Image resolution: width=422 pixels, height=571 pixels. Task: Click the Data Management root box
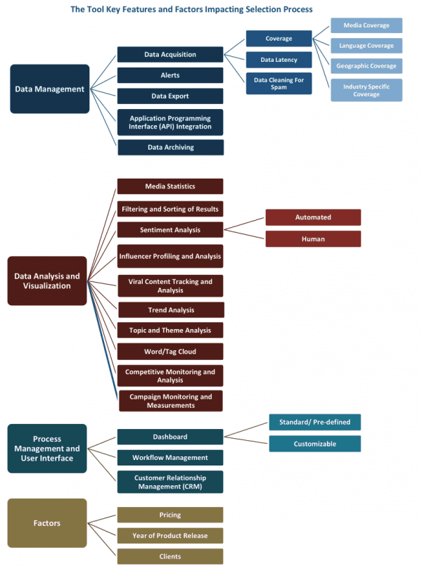pyautogui.click(x=49, y=89)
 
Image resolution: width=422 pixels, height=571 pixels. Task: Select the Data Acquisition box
pyautogui.click(x=170, y=54)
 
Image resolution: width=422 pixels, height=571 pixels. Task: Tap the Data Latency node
pyautogui.click(x=279, y=60)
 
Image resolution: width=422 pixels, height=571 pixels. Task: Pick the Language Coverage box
pyautogui.click(x=366, y=46)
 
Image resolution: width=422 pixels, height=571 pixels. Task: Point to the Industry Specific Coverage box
pyautogui.click(x=366, y=90)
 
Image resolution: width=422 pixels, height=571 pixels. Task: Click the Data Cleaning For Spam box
pyautogui.click(x=279, y=84)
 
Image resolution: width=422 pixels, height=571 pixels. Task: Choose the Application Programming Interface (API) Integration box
pyautogui.click(x=170, y=122)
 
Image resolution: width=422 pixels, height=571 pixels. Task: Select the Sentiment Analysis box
pyautogui.click(x=170, y=230)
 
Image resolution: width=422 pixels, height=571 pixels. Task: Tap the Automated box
pyautogui.click(x=313, y=217)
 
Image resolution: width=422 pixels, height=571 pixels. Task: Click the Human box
pyautogui.click(x=313, y=239)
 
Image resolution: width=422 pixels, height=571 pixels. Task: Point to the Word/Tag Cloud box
pyautogui.click(x=170, y=352)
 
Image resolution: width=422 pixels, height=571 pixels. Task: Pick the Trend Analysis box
pyautogui.click(x=171, y=310)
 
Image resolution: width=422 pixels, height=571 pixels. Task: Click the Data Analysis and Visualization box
pyautogui.click(x=47, y=281)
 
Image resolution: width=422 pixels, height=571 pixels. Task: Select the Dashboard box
pyautogui.click(x=170, y=437)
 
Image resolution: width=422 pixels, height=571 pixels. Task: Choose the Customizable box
pyautogui.click(x=315, y=444)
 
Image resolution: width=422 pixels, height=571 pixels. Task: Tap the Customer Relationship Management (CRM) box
pyautogui.click(x=170, y=482)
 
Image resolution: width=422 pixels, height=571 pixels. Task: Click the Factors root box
pyautogui.click(x=47, y=523)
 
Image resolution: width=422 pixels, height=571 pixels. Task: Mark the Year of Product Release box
pyautogui.click(x=170, y=536)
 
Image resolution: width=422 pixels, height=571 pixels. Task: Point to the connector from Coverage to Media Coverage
pyautogui.click(x=321, y=32)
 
